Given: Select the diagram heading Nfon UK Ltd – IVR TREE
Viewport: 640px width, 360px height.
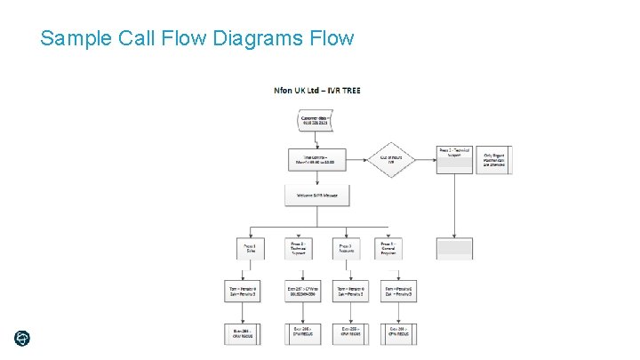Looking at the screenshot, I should pos(317,90).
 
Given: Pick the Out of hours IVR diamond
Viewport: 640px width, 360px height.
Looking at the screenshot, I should pos(392,160).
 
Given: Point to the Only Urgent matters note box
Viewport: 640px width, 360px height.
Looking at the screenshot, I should pos(494,160).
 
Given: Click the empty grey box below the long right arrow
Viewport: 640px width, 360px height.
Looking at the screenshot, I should pos(454,248).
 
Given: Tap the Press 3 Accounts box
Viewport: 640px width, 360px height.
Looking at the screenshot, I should pos(347,249).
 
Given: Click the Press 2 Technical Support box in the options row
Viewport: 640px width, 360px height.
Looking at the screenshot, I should pos(299,249).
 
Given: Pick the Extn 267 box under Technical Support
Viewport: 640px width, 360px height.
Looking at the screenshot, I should pos(299,291).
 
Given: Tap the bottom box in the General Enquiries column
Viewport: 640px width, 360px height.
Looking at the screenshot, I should pos(398,333).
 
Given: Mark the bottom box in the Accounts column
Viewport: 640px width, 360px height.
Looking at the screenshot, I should pos(350,333).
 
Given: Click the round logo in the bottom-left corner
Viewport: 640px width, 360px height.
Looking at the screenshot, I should pos(22,338).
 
